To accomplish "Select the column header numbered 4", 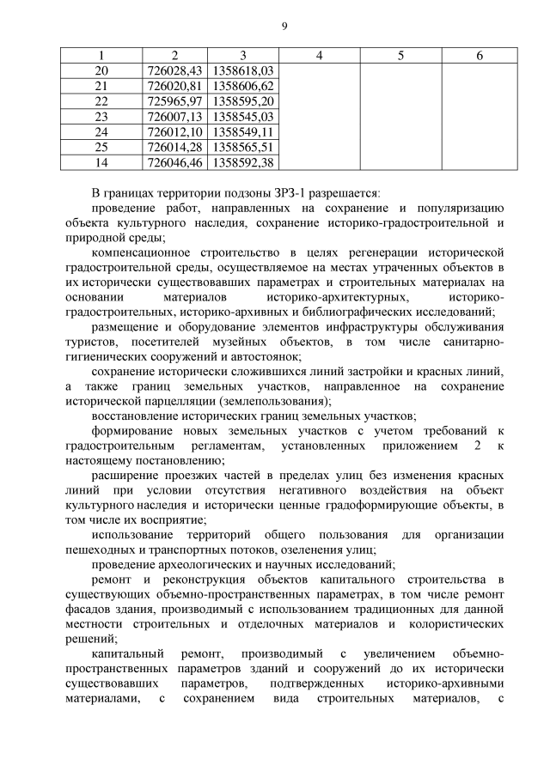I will tap(319, 56).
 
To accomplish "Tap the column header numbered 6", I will tap(480, 56).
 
